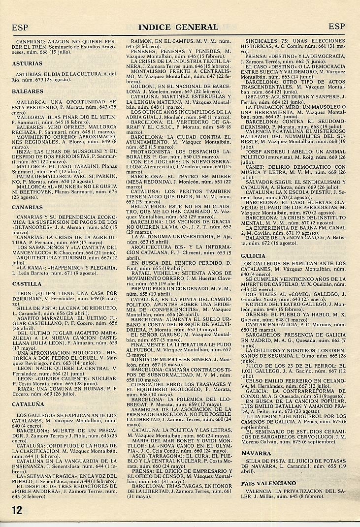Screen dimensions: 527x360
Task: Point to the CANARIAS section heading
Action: pos(29,207)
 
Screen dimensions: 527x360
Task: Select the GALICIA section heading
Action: pos(254,256)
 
